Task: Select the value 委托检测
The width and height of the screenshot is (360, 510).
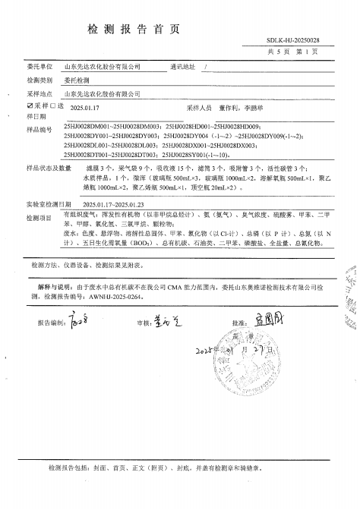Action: [x=74, y=80]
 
